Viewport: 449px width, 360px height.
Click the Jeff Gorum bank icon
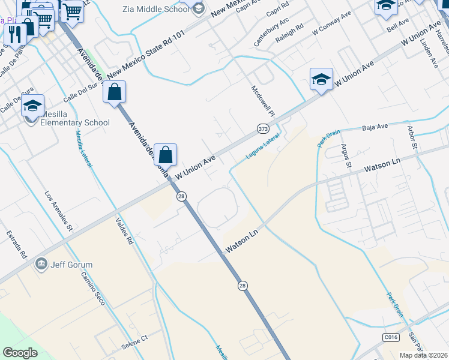click(x=41, y=263)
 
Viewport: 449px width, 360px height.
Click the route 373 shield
click(x=263, y=128)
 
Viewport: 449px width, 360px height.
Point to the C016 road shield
click(x=391, y=338)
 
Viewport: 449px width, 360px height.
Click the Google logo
click(x=20, y=353)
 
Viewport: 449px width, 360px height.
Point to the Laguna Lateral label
click(x=263, y=146)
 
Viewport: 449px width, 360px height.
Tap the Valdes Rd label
click(x=123, y=230)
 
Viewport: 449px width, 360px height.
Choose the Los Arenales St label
click(x=59, y=211)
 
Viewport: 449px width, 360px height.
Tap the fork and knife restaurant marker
click(x=15, y=34)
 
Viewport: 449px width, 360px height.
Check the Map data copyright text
click(x=423, y=355)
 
